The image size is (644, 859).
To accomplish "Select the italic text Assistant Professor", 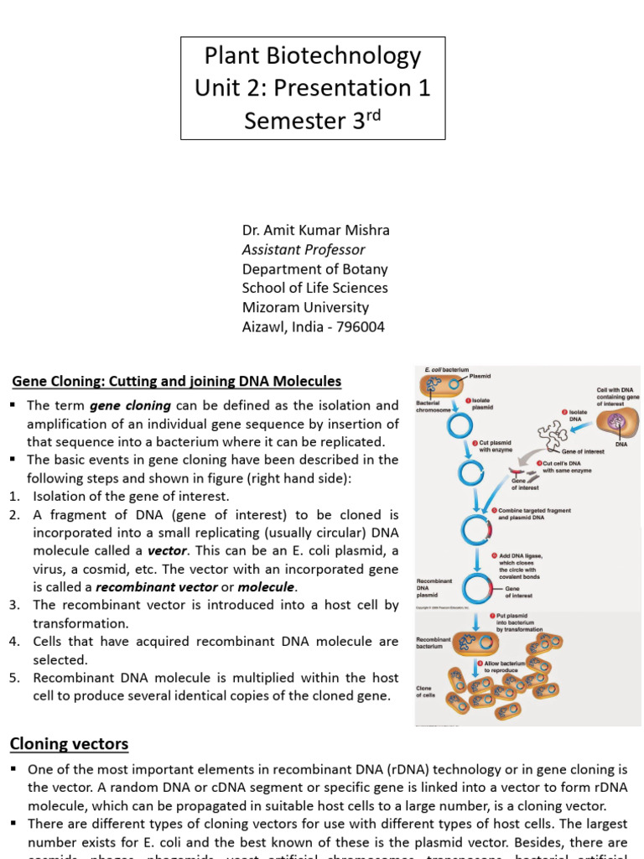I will tap(304, 249).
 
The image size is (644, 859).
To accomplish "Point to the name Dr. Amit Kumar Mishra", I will tap(315, 230).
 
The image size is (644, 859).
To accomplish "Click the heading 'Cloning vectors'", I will tap(69, 743).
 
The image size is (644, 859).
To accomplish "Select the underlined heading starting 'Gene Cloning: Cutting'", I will tap(177, 382).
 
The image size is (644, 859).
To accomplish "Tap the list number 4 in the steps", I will tap(13, 642).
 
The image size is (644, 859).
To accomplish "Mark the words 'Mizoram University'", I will tap(305, 307).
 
